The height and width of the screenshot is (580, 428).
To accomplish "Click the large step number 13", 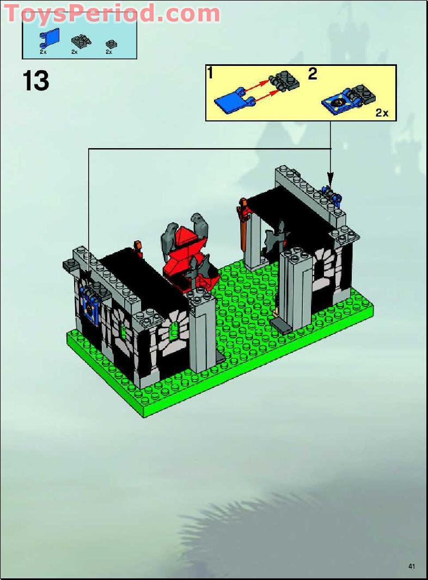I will click(x=36, y=81).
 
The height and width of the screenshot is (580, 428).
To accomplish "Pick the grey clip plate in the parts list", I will click(x=78, y=40).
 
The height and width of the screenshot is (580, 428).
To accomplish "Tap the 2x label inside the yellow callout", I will click(x=382, y=113).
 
